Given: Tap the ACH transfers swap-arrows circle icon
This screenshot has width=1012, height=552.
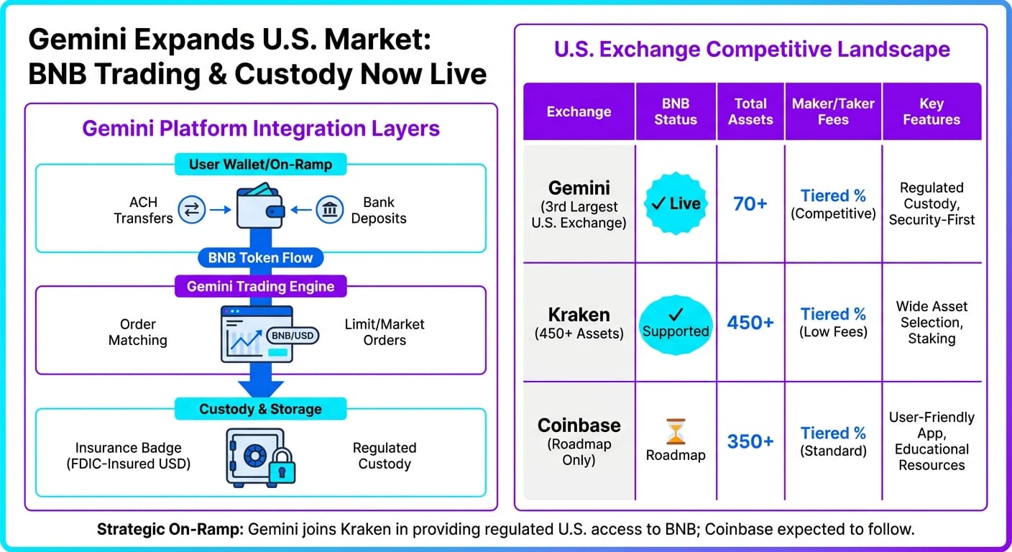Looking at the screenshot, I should pyautogui.click(x=192, y=210).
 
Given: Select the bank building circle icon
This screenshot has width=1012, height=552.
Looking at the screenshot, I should pyautogui.click(x=330, y=210).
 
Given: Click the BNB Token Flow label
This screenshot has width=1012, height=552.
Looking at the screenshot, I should pyautogui.click(x=260, y=257).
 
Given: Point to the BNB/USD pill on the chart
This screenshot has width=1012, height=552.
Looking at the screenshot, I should pyautogui.click(x=292, y=335).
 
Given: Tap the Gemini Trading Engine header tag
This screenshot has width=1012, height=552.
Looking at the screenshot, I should pyautogui.click(x=260, y=286).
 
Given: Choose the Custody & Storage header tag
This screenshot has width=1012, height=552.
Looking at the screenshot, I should pyautogui.click(x=260, y=409).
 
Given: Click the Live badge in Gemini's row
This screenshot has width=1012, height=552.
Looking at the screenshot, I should pyautogui.click(x=676, y=203).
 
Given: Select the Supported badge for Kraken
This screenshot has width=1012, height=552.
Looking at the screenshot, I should pyautogui.click(x=676, y=324).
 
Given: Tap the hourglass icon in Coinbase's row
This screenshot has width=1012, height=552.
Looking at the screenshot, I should pyautogui.click(x=676, y=432).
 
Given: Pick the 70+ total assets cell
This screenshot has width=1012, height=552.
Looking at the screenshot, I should pyautogui.click(x=750, y=204).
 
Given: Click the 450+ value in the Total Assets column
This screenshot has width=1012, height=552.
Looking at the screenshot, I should pyautogui.click(x=750, y=323).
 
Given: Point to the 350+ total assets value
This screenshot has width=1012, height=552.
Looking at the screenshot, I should pyautogui.click(x=750, y=441).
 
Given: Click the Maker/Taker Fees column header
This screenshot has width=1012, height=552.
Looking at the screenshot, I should pyautogui.click(x=833, y=111).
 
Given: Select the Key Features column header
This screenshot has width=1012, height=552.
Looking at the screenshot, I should pyautogui.click(x=931, y=111).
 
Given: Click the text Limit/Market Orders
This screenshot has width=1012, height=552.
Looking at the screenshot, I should pyautogui.click(x=385, y=332).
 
